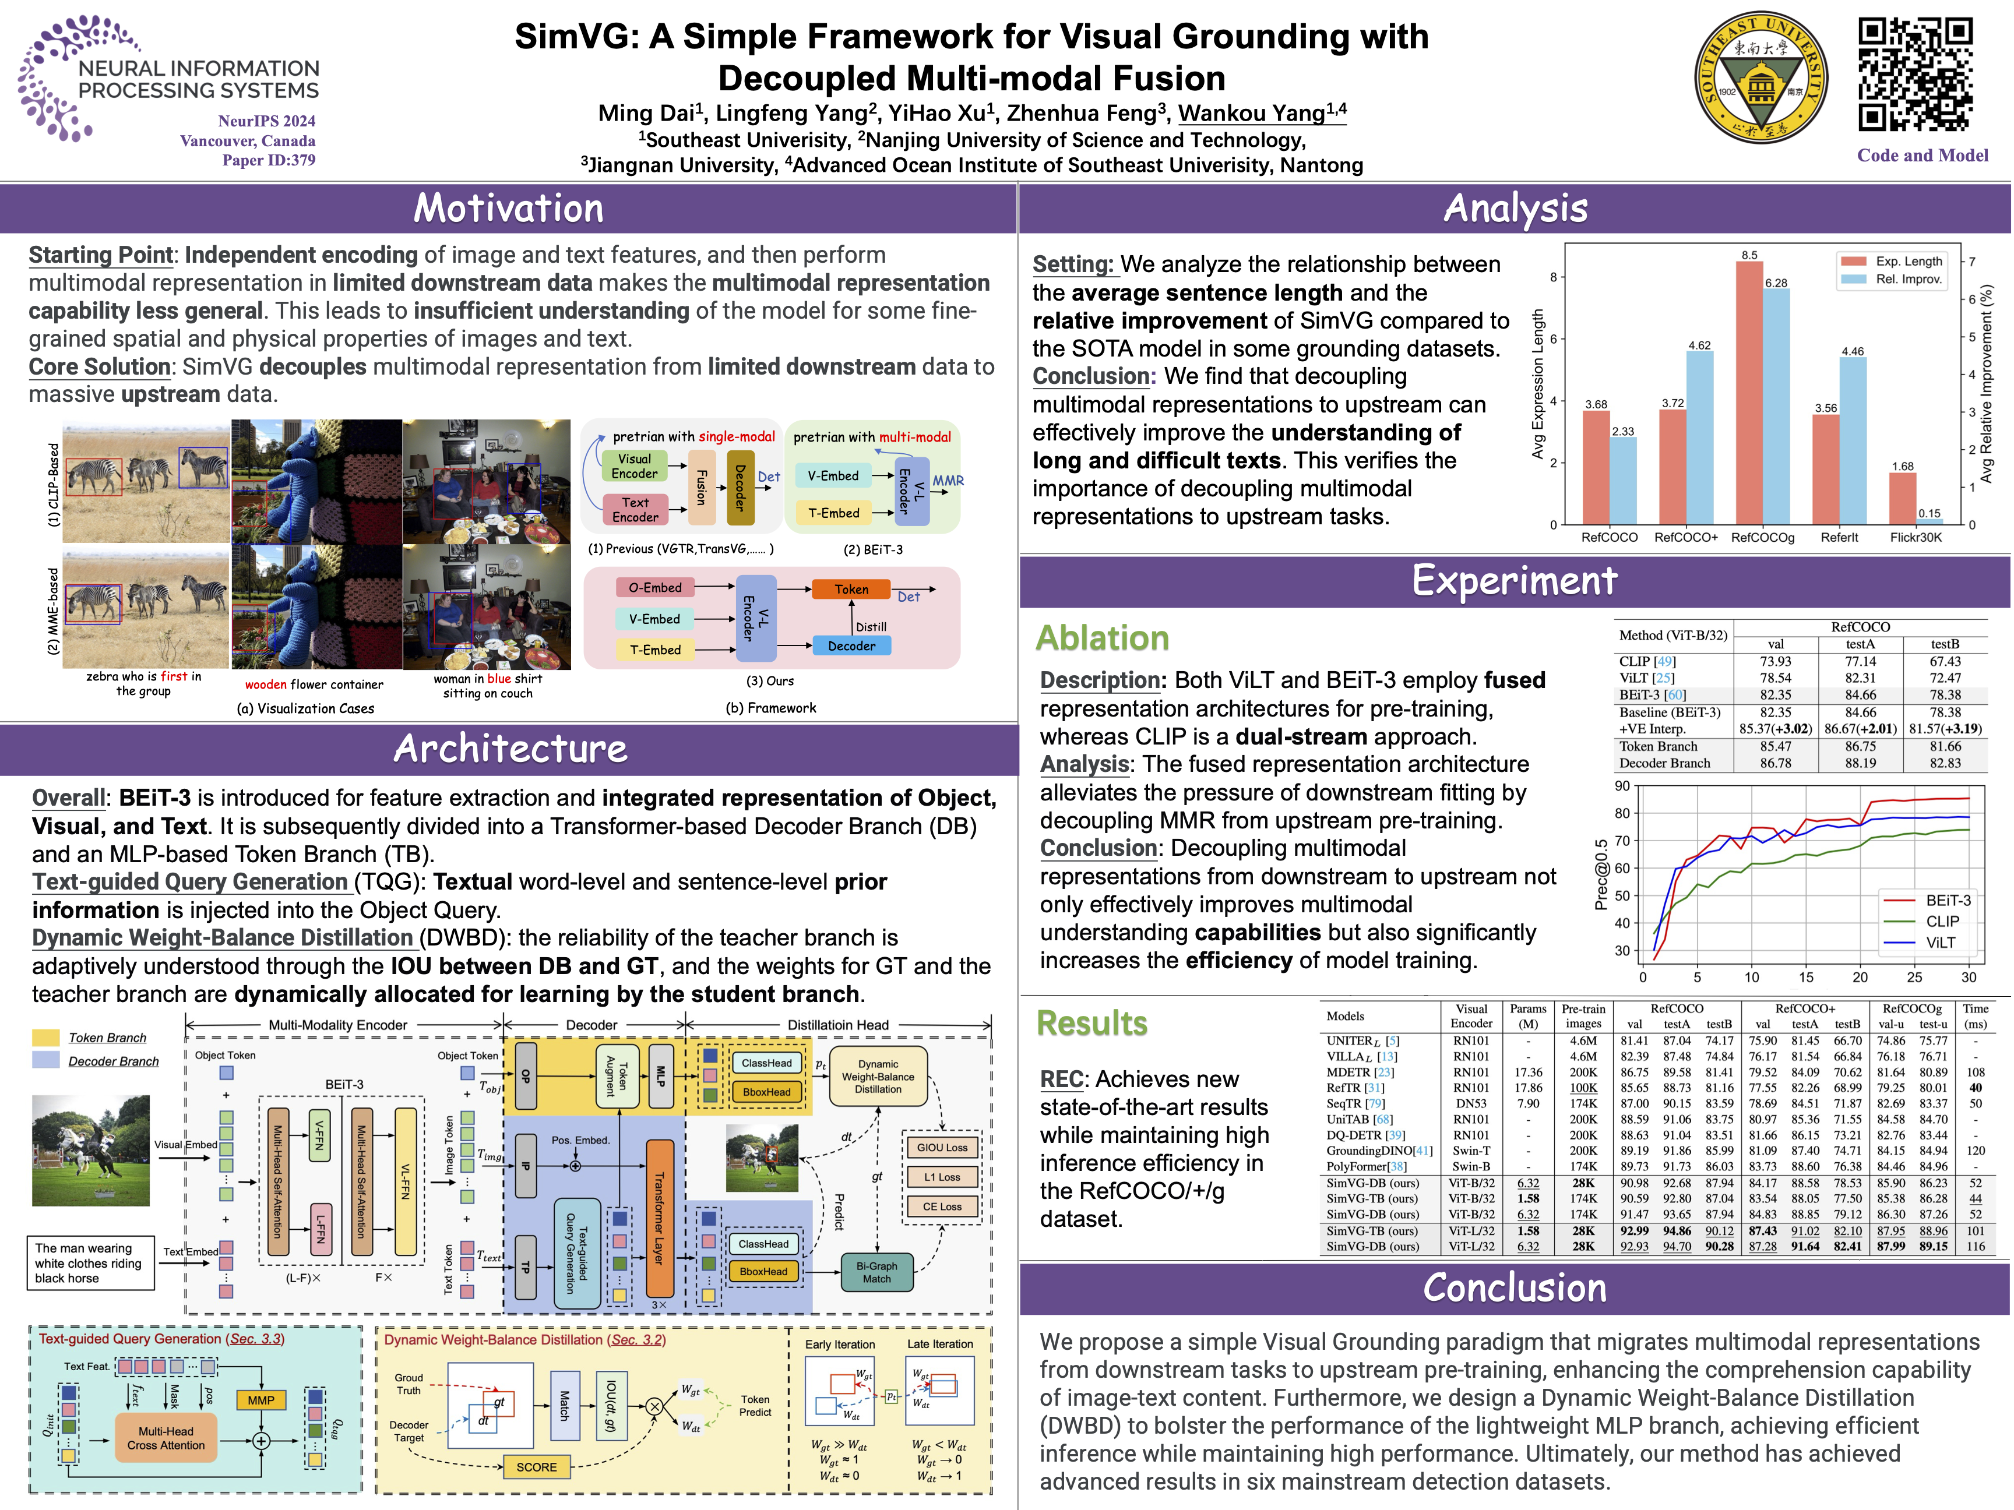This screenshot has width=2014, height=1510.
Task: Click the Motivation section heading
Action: pyautogui.click(x=508, y=209)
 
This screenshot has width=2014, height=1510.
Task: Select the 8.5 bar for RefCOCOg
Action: pyautogui.click(x=1748, y=391)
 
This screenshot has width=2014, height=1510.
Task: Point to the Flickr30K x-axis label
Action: pyautogui.click(x=1916, y=537)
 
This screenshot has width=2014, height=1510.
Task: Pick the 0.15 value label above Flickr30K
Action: pyautogui.click(x=1928, y=513)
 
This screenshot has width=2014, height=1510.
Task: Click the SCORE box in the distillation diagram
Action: pyautogui.click(x=536, y=1467)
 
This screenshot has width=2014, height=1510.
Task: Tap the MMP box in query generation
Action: pyautogui.click(x=260, y=1400)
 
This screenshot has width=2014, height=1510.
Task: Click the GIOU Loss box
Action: pyautogui.click(x=942, y=1148)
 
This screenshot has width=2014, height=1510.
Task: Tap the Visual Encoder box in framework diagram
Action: pyautogui.click(x=635, y=466)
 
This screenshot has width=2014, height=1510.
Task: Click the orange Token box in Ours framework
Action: pyautogui.click(x=851, y=589)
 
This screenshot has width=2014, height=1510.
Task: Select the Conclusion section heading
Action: pyautogui.click(x=1514, y=1288)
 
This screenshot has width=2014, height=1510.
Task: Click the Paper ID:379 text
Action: pyautogui.click(x=269, y=160)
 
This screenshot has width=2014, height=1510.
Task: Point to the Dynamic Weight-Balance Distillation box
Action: pyautogui.click(x=878, y=1077)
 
